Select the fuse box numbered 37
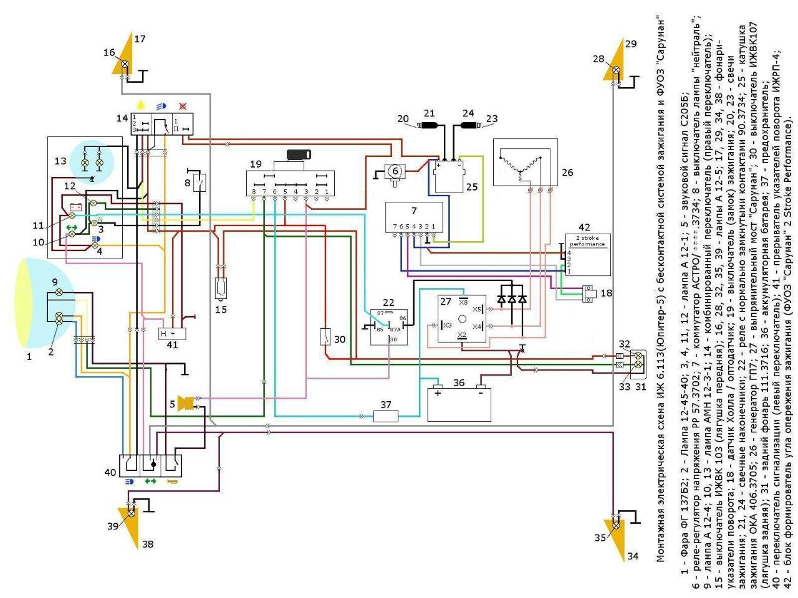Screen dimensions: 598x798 [x=385, y=415]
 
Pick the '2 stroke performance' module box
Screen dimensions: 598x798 [x=587, y=254]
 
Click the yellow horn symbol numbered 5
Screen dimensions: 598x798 [x=185, y=403]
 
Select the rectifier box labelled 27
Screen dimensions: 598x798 [x=462, y=318]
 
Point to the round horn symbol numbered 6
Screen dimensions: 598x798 [x=394, y=170]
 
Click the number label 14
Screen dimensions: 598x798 [x=122, y=118]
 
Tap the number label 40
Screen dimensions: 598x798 [x=110, y=472]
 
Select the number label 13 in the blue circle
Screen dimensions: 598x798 [x=60, y=161]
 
